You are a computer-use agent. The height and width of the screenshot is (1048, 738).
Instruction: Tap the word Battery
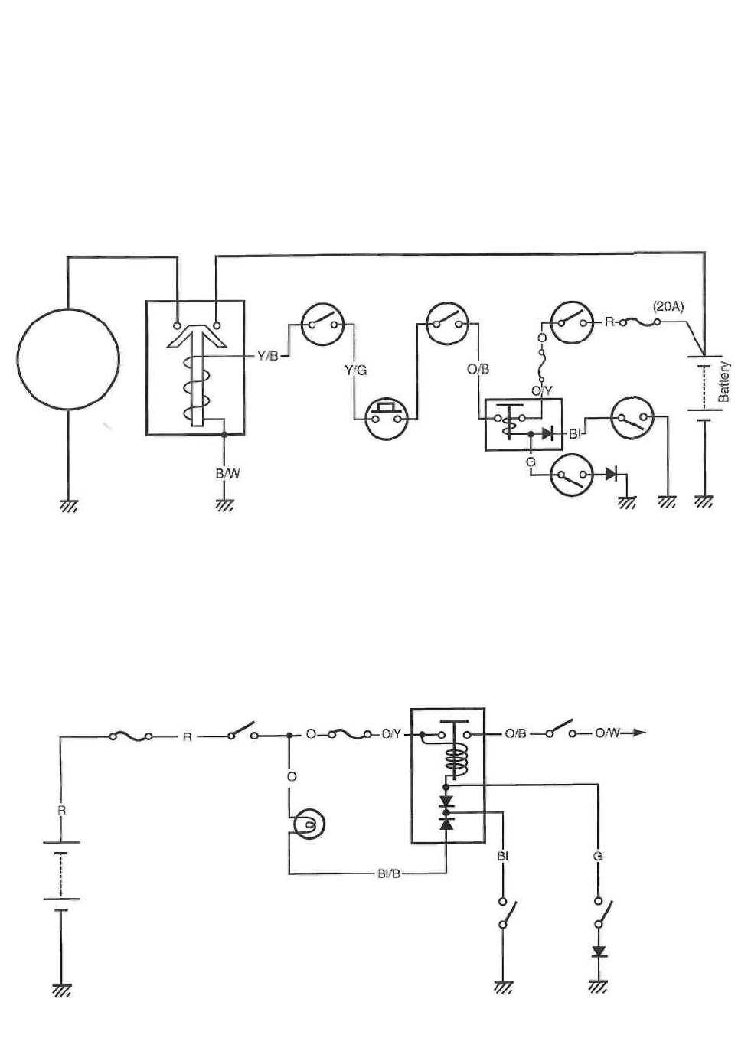click(724, 382)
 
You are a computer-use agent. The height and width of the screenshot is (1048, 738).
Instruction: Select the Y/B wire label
click(267, 355)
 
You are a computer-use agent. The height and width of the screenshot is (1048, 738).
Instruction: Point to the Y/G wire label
click(355, 370)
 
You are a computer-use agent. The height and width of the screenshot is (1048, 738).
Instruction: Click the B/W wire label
click(227, 474)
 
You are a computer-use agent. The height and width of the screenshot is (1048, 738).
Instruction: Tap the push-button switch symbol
click(386, 417)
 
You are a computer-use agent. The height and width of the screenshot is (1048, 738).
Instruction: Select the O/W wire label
click(609, 733)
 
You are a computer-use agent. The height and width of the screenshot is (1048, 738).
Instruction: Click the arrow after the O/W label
click(638, 733)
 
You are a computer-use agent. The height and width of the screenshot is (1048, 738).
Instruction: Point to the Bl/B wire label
click(389, 873)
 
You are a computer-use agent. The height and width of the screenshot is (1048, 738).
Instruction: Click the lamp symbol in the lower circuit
click(308, 824)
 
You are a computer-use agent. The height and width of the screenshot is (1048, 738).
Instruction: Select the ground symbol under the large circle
click(68, 505)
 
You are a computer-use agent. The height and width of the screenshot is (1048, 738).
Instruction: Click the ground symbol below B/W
click(224, 505)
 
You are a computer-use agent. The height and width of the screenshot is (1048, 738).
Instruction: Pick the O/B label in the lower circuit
click(515, 733)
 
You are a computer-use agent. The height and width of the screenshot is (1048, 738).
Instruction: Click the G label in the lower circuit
click(597, 856)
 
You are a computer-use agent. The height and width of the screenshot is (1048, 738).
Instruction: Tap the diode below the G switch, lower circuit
click(599, 952)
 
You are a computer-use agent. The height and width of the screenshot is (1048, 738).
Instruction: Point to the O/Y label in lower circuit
click(391, 734)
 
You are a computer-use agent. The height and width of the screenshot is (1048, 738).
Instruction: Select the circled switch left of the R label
click(572, 323)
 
